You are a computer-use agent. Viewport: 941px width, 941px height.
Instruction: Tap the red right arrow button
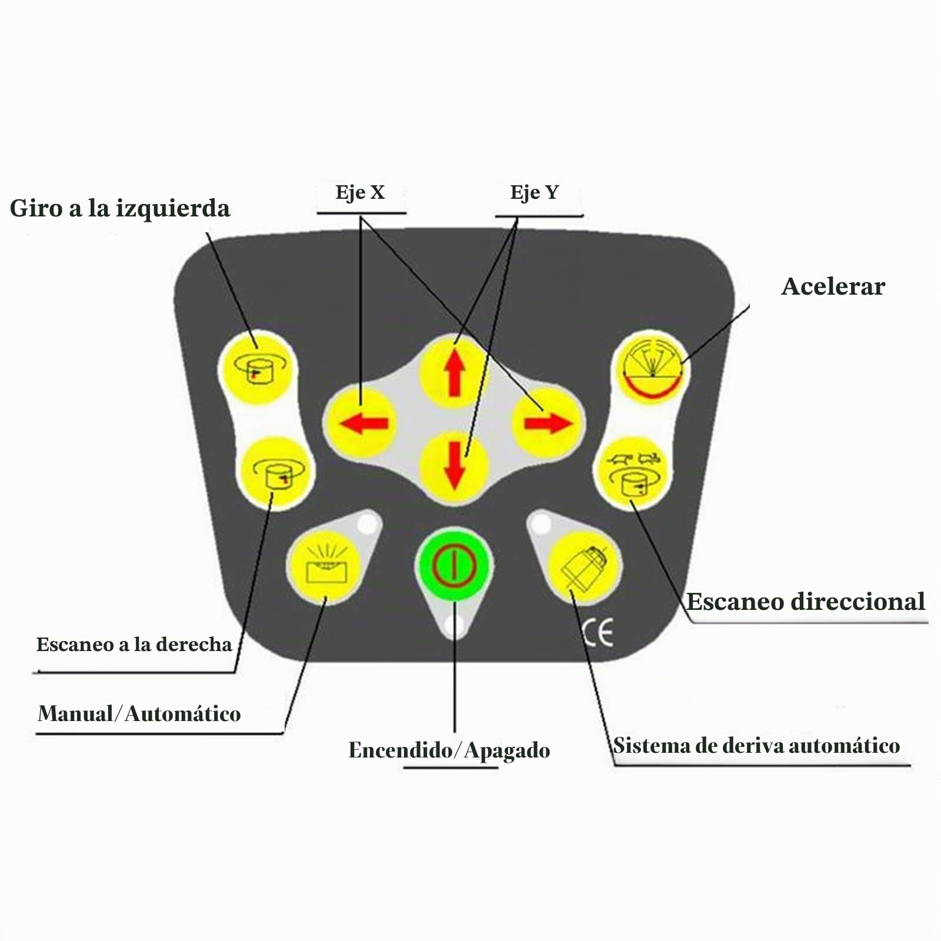pyautogui.click(x=548, y=422)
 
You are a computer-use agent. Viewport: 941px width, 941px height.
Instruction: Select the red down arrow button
pyautogui.click(x=454, y=466)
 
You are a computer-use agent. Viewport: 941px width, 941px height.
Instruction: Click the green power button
pyautogui.click(x=454, y=565)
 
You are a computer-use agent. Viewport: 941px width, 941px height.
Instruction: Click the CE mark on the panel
pyautogui.click(x=598, y=633)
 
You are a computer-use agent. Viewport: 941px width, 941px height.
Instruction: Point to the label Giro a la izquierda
pyautogui.click(x=120, y=209)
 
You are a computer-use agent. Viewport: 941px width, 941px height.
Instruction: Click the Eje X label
pyautogui.click(x=360, y=192)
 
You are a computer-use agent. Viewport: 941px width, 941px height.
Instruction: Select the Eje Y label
pyautogui.click(x=534, y=192)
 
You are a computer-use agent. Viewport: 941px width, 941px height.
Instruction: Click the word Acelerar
pyautogui.click(x=833, y=286)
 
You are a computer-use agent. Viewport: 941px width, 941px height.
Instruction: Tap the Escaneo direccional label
pyautogui.click(x=806, y=602)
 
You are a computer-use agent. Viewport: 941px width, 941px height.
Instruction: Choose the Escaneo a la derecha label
pyautogui.click(x=134, y=645)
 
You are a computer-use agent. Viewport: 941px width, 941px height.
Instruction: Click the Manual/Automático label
pyautogui.click(x=139, y=714)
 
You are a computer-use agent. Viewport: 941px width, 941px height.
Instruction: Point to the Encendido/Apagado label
pyautogui.click(x=449, y=750)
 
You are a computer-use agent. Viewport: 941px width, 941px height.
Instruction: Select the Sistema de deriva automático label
pyautogui.click(x=756, y=746)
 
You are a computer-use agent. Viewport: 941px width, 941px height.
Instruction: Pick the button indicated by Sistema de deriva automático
pyautogui.click(x=584, y=567)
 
